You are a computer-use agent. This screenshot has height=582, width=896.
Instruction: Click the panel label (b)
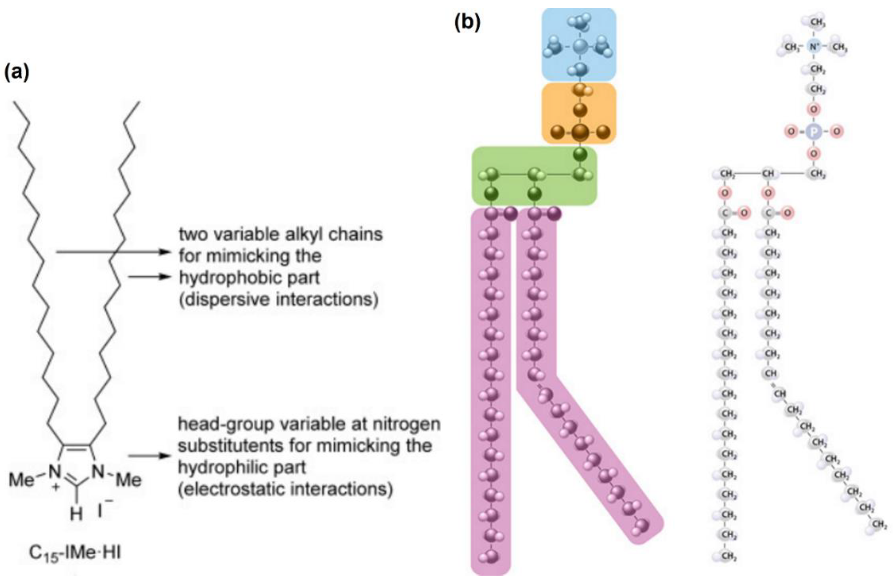point(467,23)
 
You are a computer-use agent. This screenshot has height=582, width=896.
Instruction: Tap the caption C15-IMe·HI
point(75,553)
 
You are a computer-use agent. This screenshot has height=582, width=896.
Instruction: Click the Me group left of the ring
point(22,480)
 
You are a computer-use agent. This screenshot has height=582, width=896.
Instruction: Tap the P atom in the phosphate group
point(814,131)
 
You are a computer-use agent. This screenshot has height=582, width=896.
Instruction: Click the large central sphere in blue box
point(580,47)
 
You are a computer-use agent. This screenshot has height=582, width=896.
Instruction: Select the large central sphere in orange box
point(580,132)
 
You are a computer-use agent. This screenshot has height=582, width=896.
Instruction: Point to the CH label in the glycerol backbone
point(768,174)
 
